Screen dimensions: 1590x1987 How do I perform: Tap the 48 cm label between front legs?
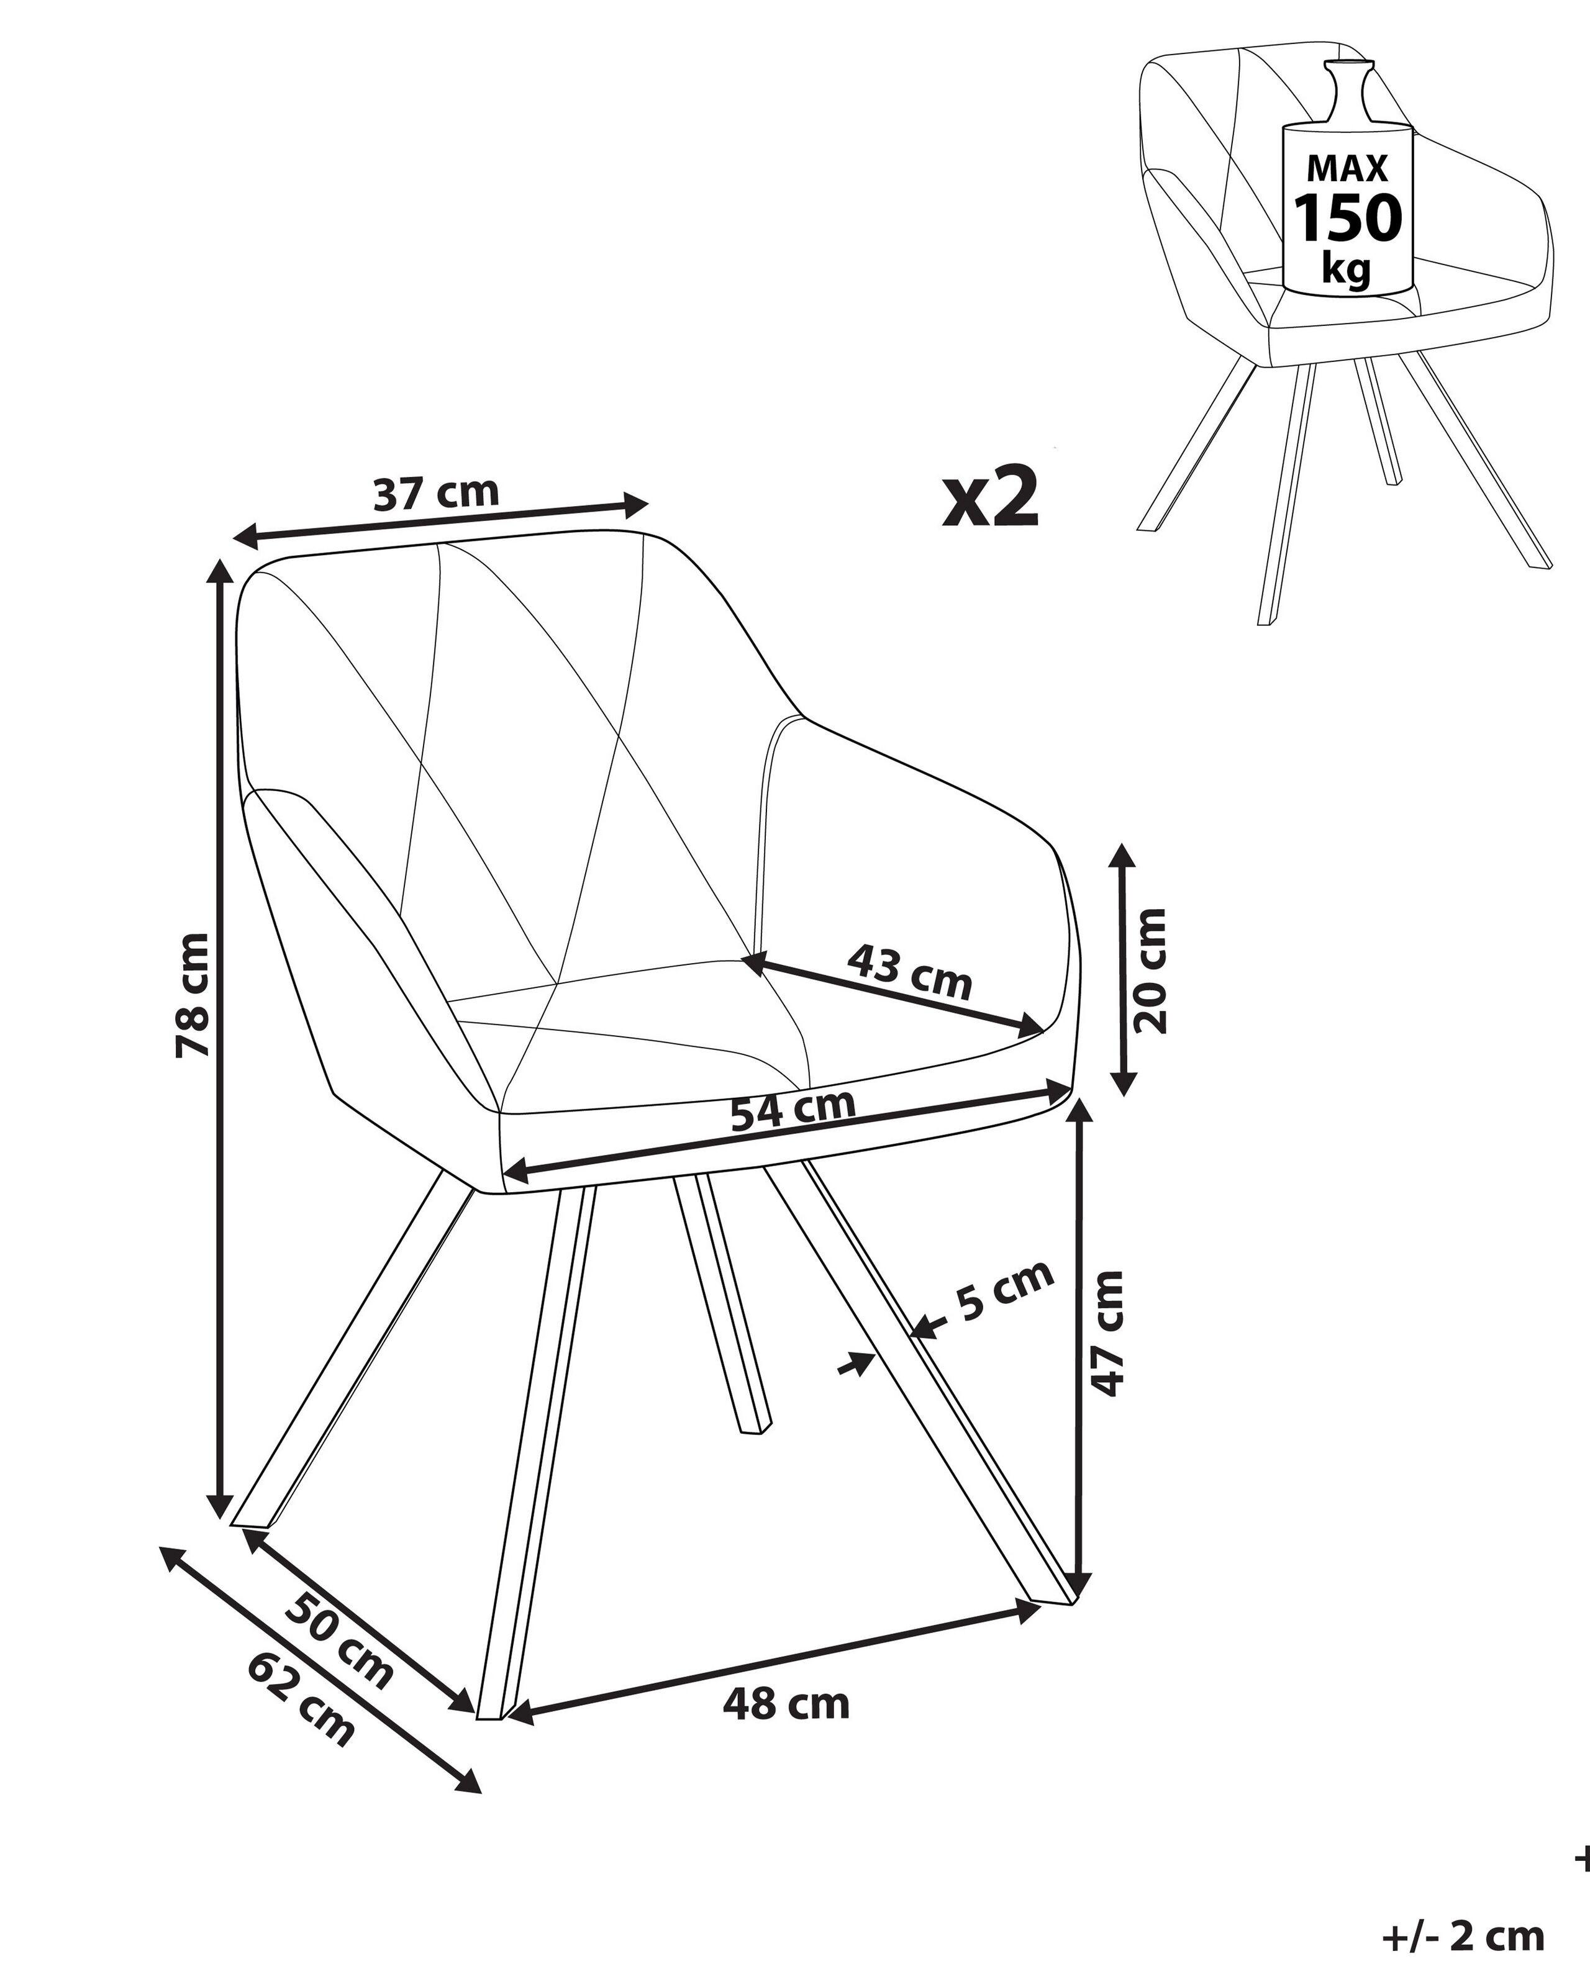786,1704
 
